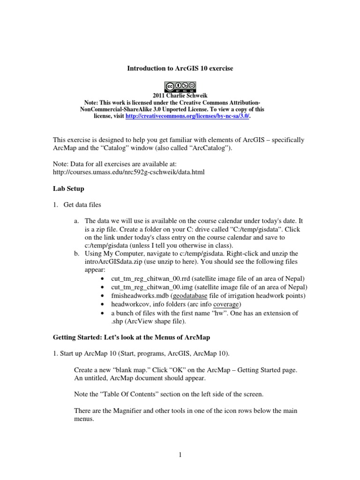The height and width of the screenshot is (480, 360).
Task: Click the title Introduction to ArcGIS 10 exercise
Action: point(180,68)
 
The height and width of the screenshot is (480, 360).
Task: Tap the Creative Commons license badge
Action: point(180,86)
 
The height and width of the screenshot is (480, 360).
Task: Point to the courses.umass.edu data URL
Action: point(129,172)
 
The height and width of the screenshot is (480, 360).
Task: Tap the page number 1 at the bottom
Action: point(180,454)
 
